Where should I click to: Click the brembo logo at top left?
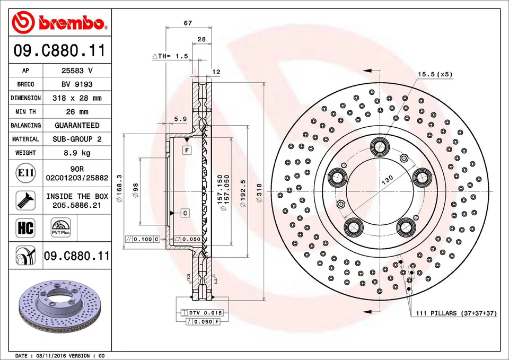pyautogui.click(x=60, y=22)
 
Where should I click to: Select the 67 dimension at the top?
pyautogui.click(x=188, y=23)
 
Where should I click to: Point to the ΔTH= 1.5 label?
pyautogui.click(x=170, y=56)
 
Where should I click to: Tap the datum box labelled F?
pyautogui.click(x=187, y=151)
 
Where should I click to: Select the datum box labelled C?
pyautogui.click(x=185, y=213)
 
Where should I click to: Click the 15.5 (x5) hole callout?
pyautogui.click(x=435, y=74)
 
